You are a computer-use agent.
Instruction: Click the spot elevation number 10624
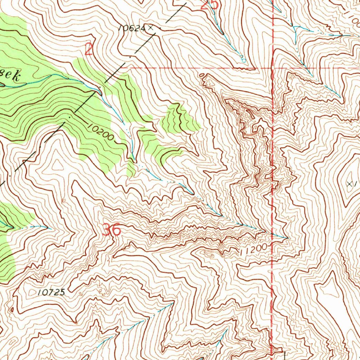point(131,29)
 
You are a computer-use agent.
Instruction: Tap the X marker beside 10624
point(151,27)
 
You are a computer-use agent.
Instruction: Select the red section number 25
point(210,5)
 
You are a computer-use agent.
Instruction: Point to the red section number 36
point(111,230)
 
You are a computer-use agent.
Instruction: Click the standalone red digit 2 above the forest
point(89,50)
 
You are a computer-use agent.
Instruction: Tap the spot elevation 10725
point(52,292)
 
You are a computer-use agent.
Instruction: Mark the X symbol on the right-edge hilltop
point(349,184)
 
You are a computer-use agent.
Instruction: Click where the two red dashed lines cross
point(273,67)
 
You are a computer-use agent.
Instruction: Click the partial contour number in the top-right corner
point(352,14)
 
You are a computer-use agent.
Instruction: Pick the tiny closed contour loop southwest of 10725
point(12,310)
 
